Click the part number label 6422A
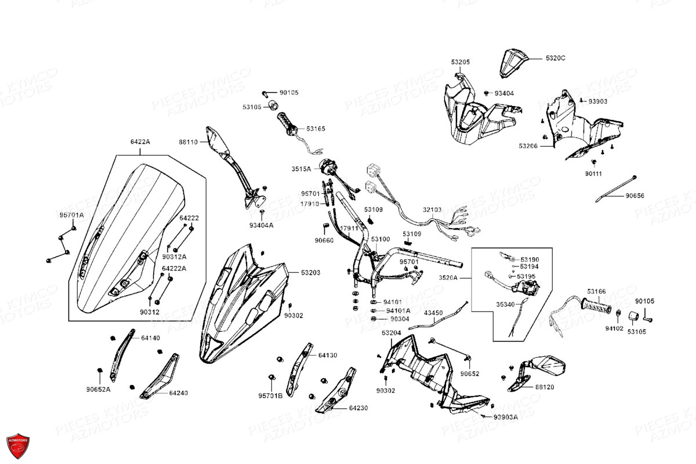(x=140, y=142)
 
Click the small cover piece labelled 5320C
(x=513, y=61)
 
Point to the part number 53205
(x=461, y=62)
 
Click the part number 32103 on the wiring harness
(x=432, y=209)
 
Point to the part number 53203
(x=310, y=272)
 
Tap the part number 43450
(x=433, y=313)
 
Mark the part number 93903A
(x=506, y=417)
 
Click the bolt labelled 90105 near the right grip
(x=648, y=318)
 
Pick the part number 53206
(x=528, y=146)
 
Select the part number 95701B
(x=270, y=396)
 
